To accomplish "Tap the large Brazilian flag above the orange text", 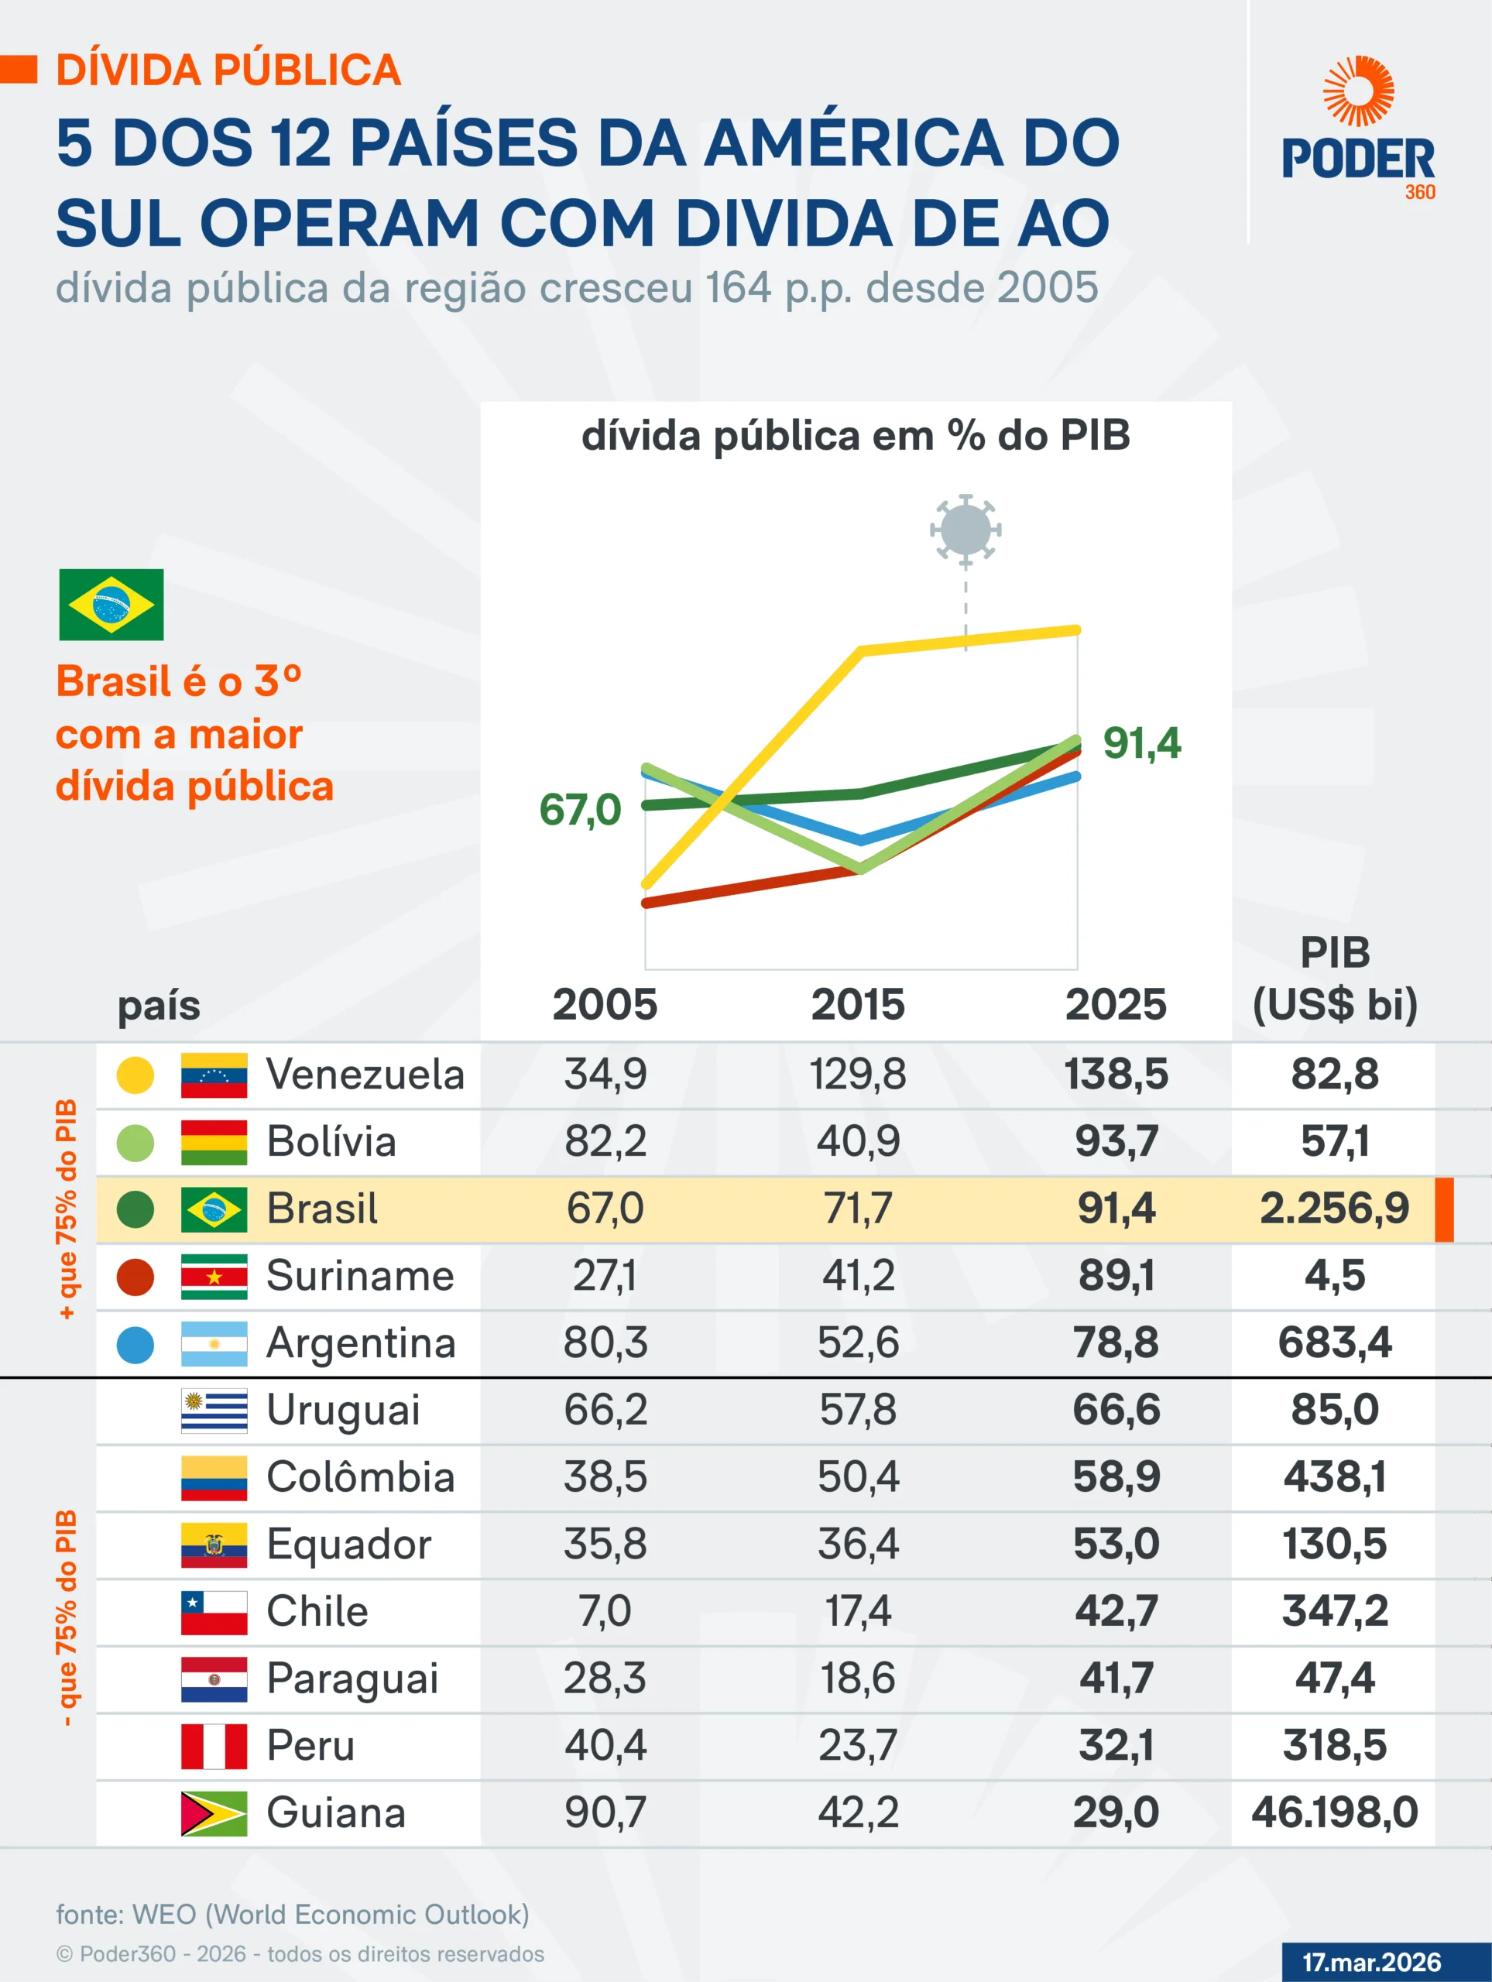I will [x=111, y=605].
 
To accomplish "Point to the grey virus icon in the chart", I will [x=965, y=530].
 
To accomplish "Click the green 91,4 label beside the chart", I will [x=1140, y=742].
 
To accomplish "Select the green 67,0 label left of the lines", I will [x=580, y=810].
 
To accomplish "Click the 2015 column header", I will [x=858, y=1004].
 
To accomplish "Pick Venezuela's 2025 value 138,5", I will [x=1116, y=1075].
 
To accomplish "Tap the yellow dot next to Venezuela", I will [x=135, y=1075].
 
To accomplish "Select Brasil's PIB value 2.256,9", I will [x=1334, y=1209].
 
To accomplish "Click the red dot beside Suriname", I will [x=135, y=1277].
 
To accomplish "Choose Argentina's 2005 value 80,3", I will [x=605, y=1343].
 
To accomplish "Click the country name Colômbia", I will [x=360, y=1477].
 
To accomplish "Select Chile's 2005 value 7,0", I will [x=605, y=1612].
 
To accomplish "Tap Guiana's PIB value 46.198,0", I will [x=1334, y=1812].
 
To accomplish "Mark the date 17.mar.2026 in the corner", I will [x=1371, y=1963].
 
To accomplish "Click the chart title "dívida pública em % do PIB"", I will [x=856, y=437].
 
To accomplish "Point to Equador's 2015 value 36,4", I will [x=858, y=1545].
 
